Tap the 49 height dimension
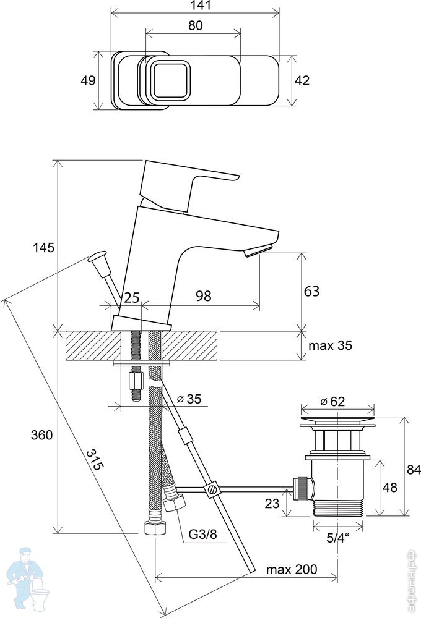pyautogui.click(x=88, y=80)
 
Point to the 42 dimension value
pyautogui.click(x=302, y=80)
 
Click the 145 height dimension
pyautogui.click(x=43, y=248)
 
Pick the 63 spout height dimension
pyautogui.click(x=311, y=290)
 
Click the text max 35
pyautogui.click(x=330, y=345)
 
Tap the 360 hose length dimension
pyautogui.click(x=42, y=434)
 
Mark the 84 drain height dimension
pyautogui.click(x=413, y=468)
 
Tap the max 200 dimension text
pyautogui.click(x=292, y=569)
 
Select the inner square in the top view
pyautogui.click(x=170, y=80)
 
